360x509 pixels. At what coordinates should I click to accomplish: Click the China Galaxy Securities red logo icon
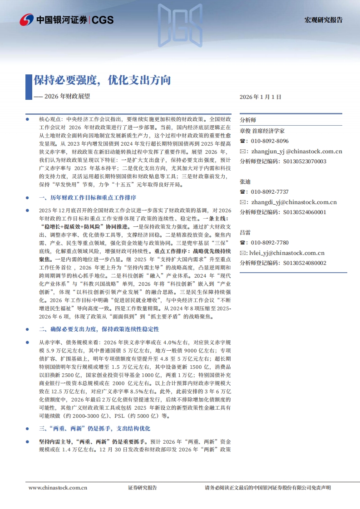tap(27, 20)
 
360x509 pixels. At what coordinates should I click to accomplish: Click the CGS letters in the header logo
tap(103, 20)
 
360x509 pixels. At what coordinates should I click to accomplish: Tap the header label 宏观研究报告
tap(323, 20)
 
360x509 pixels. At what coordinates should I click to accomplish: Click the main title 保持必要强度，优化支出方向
tap(102, 80)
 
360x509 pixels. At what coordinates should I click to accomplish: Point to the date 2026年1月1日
tap(261, 97)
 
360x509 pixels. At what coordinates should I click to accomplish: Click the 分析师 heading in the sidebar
tap(248, 120)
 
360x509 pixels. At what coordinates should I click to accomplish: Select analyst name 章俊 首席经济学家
tap(262, 131)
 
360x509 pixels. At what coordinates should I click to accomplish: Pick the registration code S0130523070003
tap(305, 161)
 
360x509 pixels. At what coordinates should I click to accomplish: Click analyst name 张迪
tap(245, 181)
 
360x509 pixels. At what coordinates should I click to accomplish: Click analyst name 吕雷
tap(245, 232)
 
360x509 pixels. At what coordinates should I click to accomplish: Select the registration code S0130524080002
tap(305, 263)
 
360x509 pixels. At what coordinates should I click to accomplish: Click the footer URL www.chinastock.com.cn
tap(58, 488)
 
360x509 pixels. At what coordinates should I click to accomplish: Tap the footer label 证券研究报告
tap(143, 488)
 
